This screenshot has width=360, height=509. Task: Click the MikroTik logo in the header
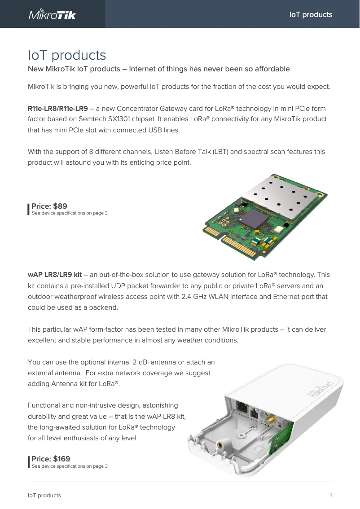click(x=53, y=14)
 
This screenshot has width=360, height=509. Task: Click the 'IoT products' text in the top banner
click(x=311, y=14)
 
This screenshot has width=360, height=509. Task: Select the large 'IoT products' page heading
click(x=67, y=55)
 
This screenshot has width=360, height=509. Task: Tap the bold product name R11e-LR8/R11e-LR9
click(x=58, y=109)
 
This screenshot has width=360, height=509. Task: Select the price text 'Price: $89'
click(x=49, y=206)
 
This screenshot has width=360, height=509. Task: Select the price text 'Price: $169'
click(x=51, y=459)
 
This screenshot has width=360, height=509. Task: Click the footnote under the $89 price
click(x=70, y=213)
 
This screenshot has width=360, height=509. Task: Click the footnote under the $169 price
click(x=70, y=466)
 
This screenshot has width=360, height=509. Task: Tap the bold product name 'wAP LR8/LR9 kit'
click(x=55, y=275)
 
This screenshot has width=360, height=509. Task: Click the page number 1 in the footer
click(x=330, y=496)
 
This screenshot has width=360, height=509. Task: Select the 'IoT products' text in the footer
click(x=44, y=496)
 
